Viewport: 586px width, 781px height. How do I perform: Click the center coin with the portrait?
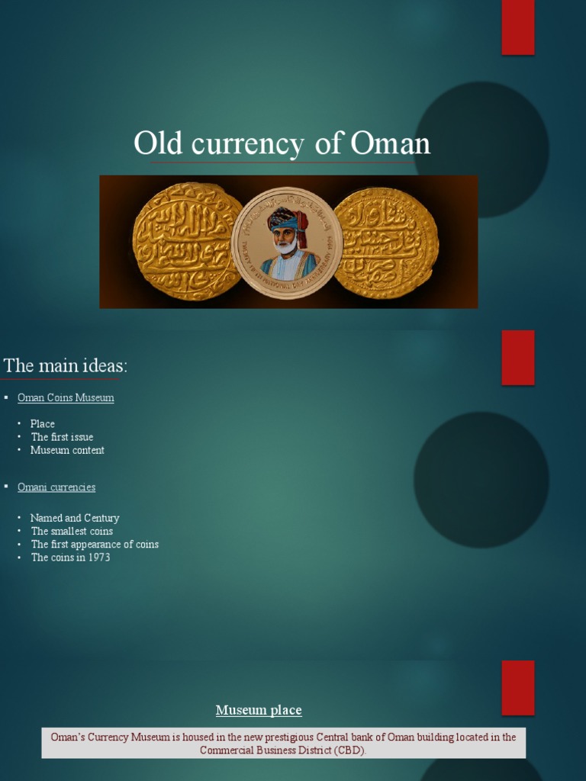point(287,242)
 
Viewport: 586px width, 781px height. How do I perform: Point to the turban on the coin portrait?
point(286,219)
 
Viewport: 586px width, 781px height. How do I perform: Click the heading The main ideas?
point(66,366)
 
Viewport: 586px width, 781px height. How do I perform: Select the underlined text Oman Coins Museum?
point(66,398)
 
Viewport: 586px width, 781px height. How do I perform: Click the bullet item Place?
point(43,424)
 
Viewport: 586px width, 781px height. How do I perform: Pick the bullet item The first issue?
point(62,437)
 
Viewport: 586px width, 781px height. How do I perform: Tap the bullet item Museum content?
point(67,450)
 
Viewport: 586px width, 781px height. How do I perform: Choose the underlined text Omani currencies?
point(56,487)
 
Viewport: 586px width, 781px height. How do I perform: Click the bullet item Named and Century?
point(75,518)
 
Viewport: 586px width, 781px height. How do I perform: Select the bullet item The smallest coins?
point(72,531)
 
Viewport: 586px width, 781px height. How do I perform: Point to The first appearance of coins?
point(95,545)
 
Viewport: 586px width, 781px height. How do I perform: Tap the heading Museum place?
point(259,711)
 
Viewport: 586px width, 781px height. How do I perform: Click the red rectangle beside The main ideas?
point(518,358)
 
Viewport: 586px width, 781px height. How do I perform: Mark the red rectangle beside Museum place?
point(518,687)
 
